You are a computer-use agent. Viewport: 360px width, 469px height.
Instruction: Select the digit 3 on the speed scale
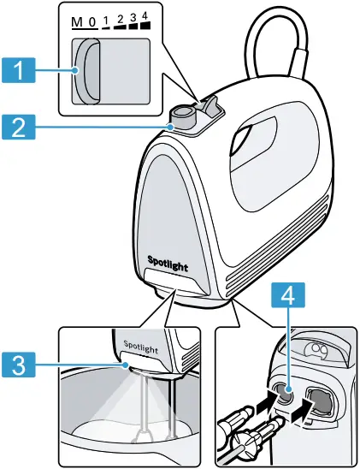tap(133, 17)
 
